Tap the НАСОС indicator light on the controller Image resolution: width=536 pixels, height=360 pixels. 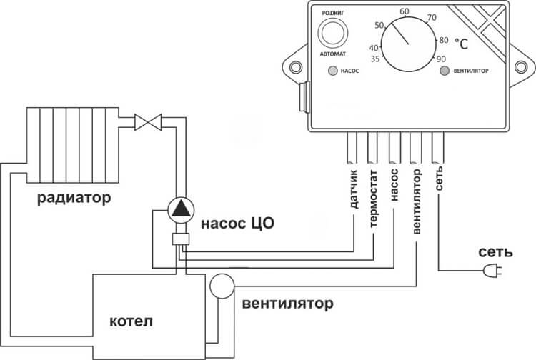tap(332, 71)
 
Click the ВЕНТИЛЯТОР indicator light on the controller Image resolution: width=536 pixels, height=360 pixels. tap(444, 71)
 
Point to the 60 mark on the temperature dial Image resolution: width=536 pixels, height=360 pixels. tap(405, 12)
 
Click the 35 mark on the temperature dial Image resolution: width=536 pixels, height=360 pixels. tap(374, 59)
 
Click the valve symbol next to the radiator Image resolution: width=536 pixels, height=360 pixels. tap(149, 121)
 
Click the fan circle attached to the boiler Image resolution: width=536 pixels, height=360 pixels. tap(222, 285)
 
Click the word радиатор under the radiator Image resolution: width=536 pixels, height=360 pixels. tap(75, 198)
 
